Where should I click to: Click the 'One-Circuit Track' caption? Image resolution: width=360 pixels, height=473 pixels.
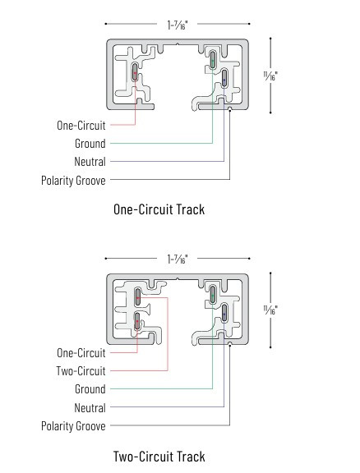(159, 209)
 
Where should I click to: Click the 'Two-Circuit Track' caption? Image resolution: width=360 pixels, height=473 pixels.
(159, 457)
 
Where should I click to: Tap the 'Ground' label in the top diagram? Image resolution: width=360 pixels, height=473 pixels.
(90, 144)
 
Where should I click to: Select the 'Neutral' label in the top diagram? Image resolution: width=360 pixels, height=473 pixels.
(90, 162)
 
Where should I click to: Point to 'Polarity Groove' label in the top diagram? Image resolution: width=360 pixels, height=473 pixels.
(73, 180)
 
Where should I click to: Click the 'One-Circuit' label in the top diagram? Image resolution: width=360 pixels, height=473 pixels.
(81, 126)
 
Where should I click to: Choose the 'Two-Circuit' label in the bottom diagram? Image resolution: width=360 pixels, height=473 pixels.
(81, 370)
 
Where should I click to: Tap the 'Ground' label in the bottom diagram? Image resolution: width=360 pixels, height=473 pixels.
(90, 389)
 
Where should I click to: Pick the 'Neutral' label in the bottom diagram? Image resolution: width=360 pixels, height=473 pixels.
(90, 408)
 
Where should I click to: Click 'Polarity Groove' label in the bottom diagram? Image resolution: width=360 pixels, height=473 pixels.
(73, 426)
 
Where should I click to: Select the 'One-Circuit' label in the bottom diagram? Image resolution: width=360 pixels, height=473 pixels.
(81, 352)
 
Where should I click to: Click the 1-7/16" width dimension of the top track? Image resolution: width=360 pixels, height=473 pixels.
(178, 25)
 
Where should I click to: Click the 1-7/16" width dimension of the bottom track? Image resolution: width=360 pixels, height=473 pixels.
(178, 259)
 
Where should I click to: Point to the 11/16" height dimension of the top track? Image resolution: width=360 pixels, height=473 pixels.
(270, 75)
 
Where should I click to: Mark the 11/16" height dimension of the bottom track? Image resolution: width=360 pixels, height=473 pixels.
(270, 310)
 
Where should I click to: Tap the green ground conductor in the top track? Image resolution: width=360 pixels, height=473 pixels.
(213, 60)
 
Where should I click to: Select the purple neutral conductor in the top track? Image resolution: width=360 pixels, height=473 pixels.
(224, 79)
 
